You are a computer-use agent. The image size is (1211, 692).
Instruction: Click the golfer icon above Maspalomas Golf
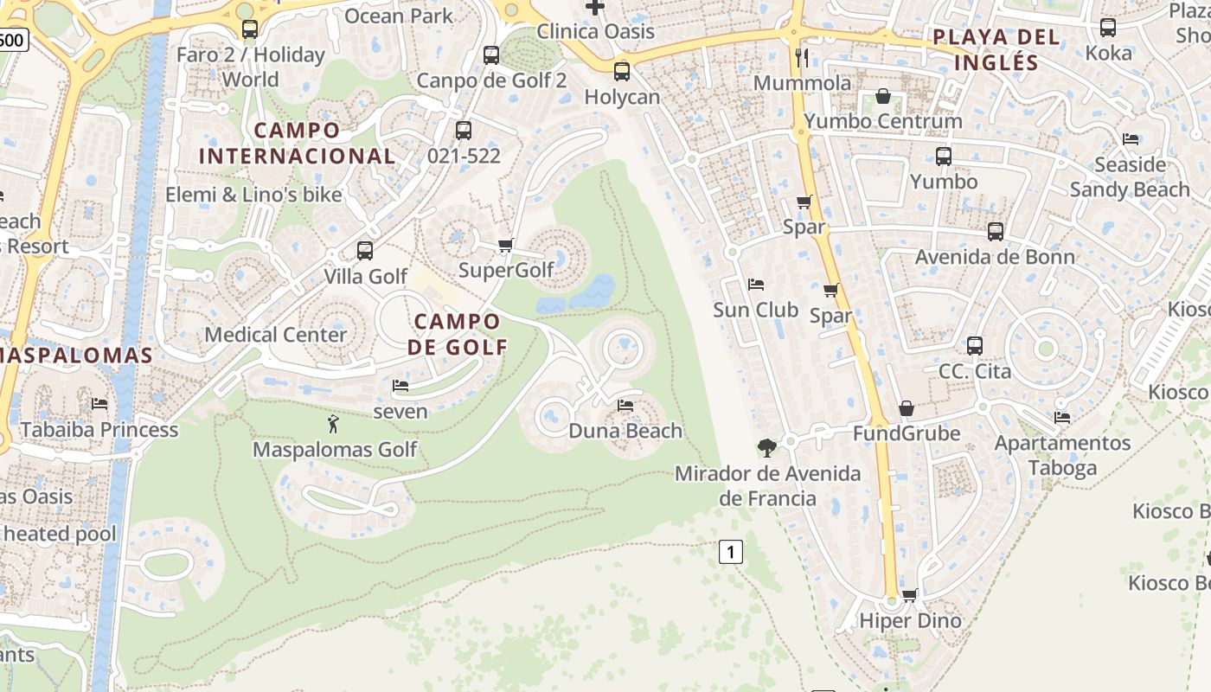point(333,424)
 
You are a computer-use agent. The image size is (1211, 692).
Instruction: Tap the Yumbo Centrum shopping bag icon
point(883,95)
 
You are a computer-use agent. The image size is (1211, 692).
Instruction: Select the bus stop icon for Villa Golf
point(365,251)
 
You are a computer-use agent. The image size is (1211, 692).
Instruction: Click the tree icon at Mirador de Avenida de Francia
point(766,447)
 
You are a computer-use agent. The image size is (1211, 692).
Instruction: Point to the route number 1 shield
point(731,551)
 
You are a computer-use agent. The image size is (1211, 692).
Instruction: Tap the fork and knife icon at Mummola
point(802,57)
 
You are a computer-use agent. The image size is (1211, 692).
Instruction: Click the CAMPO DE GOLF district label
point(457,334)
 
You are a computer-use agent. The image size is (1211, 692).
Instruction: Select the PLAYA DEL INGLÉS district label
point(996,49)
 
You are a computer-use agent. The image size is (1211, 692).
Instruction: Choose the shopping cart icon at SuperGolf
point(506,245)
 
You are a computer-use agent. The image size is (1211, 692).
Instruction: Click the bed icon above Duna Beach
point(625,405)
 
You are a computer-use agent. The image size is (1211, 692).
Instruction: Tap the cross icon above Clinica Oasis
point(595,7)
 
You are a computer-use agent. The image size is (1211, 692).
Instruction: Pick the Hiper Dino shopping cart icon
point(909,595)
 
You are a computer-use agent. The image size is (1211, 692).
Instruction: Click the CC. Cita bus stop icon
point(975,346)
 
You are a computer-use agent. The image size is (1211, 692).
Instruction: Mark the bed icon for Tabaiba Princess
point(99,403)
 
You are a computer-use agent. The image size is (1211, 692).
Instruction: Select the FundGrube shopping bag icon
point(907,407)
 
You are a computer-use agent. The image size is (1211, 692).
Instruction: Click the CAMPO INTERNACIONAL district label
point(297,143)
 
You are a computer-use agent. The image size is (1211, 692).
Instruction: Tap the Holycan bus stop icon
point(622,71)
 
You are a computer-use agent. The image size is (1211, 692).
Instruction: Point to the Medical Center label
point(275,335)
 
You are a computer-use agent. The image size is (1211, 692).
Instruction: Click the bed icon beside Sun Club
point(755,284)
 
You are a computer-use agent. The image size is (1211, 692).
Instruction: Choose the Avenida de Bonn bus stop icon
point(996,231)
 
